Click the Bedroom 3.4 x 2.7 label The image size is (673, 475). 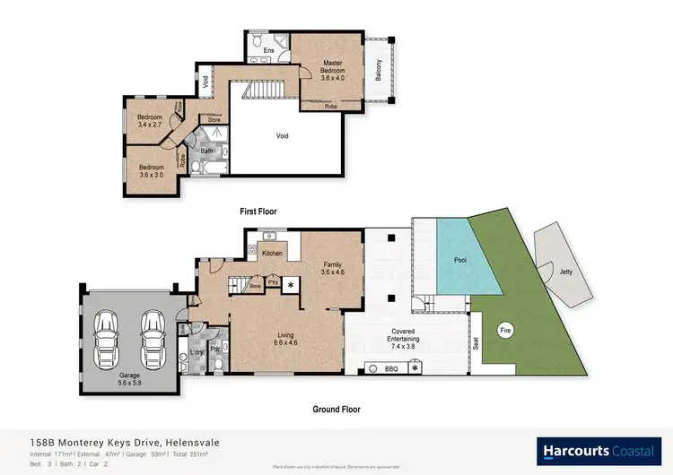click(x=150, y=122)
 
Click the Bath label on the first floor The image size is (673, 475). click(x=206, y=151)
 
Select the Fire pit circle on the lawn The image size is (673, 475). click(x=504, y=329)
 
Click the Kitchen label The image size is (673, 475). click(x=272, y=253)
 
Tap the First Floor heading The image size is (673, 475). click(x=258, y=212)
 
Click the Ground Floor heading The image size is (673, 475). click(x=337, y=409)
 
